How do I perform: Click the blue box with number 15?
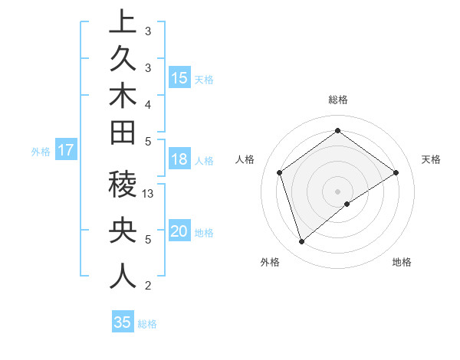(x=179, y=78)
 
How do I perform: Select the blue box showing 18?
(x=179, y=160)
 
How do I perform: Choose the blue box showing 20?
(x=179, y=232)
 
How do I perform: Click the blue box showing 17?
(x=66, y=150)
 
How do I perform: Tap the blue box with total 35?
(x=122, y=322)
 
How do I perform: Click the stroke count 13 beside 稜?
(x=149, y=194)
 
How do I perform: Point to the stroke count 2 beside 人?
(x=147, y=286)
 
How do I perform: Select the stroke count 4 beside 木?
(x=147, y=103)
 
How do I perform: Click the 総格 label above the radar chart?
(x=337, y=100)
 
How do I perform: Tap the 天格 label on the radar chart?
(x=431, y=159)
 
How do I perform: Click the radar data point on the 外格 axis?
(x=301, y=242)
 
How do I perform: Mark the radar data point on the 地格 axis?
(x=347, y=204)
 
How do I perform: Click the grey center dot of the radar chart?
(x=337, y=191)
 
